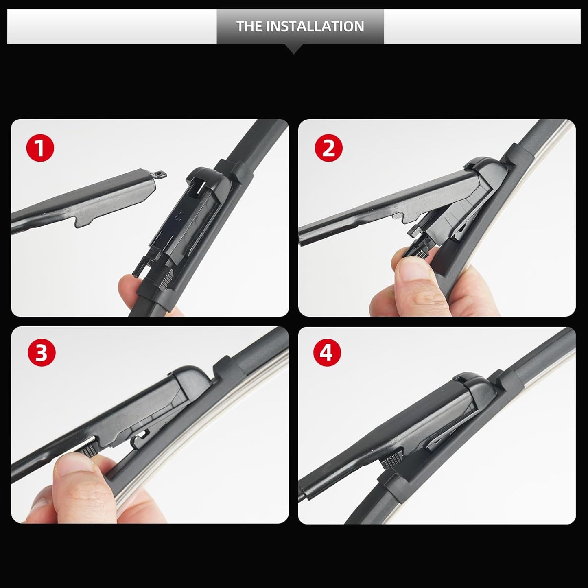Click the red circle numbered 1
click(x=40, y=148)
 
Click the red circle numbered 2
click(x=329, y=148)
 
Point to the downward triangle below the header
click(x=294, y=49)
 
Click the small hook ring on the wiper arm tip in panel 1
click(x=161, y=175)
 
